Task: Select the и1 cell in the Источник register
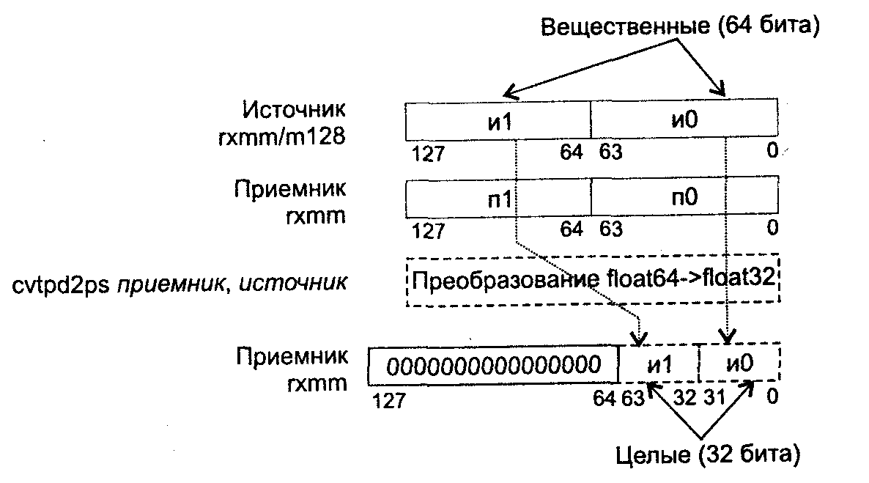point(498,121)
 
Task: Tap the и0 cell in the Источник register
point(683,121)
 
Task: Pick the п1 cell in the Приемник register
point(498,200)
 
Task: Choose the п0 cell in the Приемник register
point(683,200)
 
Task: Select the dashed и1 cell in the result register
point(659,364)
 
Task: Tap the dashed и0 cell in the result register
point(739,364)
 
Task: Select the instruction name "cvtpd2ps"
point(60,282)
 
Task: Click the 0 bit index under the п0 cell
point(772,229)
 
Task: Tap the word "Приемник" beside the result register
point(292,356)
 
